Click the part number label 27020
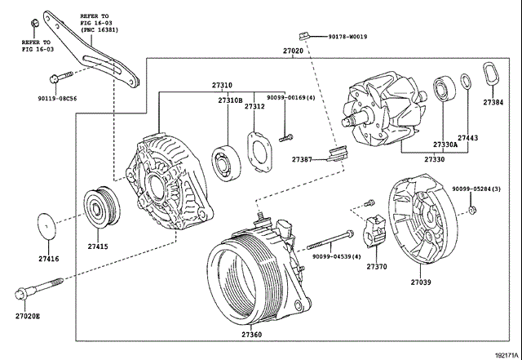coord(294,51)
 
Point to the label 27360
coord(251,335)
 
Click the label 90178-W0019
coord(348,37)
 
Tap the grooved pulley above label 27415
coord(102,207)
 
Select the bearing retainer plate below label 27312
coord(260,152)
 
